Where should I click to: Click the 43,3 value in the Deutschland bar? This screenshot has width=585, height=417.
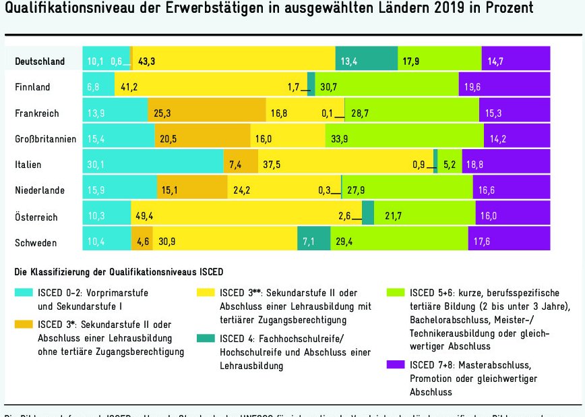147,61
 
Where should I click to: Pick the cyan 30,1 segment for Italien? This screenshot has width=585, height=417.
152,165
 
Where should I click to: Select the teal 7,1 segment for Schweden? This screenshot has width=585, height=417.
313,242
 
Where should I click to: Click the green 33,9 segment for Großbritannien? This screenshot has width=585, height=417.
404,138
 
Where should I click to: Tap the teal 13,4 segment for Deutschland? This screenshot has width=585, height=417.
366,61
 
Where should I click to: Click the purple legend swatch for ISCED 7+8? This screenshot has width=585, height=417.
395,365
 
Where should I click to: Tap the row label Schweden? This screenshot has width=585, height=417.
36,242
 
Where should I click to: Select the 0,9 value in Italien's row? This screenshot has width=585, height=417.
419,165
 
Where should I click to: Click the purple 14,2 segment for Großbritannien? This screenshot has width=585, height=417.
517,138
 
